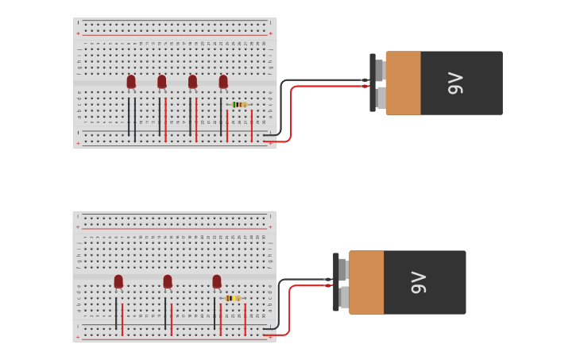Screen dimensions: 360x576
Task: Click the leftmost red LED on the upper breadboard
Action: point(131,81)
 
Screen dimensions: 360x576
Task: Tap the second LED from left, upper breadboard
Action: point(162,81)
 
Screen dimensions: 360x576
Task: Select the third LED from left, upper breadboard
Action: point(192,81)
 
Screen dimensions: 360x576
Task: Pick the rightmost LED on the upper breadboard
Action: point(223,81)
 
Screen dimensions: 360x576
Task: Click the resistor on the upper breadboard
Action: point(238,104)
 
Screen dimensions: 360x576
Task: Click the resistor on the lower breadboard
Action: point(232,298)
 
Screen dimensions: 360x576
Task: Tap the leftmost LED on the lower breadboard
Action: point(118,281)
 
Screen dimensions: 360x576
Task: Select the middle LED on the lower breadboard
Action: point(168,281)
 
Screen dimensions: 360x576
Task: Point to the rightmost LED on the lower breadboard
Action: point(217,281)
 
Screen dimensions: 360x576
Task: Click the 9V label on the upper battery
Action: point(455,83)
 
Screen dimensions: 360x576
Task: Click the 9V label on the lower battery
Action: point(419,282)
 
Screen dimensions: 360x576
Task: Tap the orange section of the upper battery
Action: point(403,83)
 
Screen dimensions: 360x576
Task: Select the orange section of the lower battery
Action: point(366,282)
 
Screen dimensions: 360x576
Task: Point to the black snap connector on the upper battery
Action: point(373,83)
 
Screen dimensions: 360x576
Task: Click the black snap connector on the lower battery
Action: point(336,282)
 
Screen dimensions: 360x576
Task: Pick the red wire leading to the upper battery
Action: point(291,111)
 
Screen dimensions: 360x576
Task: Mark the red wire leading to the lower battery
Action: point(289,310)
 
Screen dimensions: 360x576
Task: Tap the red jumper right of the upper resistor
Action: point(252,126)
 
